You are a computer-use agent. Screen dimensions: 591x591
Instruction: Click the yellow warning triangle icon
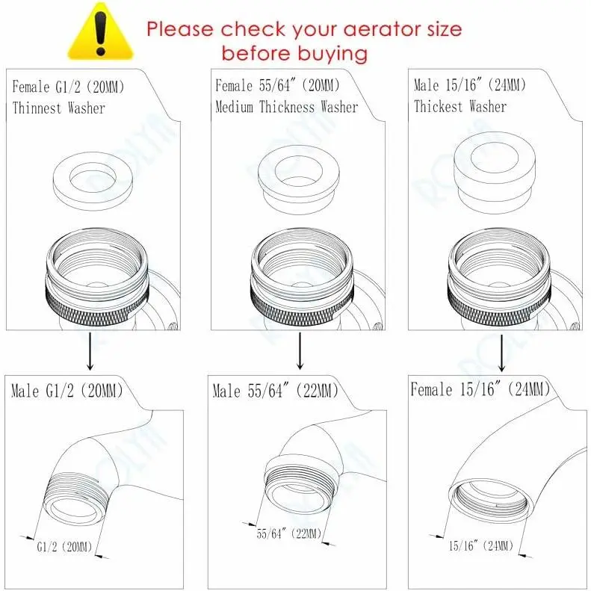100,33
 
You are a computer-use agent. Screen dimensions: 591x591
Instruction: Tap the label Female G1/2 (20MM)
68,87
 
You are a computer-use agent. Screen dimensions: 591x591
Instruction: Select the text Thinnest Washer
58,108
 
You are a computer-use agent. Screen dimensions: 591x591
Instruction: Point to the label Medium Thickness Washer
286,107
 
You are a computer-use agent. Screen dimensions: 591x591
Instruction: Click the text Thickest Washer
460,107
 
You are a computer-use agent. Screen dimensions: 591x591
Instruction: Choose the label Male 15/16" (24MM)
470,85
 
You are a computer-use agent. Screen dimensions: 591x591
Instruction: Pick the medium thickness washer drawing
298,180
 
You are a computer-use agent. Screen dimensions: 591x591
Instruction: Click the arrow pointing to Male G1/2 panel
90,351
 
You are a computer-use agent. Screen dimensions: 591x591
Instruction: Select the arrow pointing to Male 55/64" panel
300,350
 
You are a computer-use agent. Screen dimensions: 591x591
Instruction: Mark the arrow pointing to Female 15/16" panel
501,353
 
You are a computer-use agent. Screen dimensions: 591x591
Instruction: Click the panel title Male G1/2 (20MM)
67,391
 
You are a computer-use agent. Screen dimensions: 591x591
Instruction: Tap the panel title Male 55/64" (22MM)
276,391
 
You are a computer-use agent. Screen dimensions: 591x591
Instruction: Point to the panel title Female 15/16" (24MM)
480,389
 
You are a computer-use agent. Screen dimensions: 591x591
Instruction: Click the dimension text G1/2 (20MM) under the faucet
64,547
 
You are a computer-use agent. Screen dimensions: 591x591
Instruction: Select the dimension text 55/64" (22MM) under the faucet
289,533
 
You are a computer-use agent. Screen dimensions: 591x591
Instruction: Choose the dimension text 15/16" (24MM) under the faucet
481,545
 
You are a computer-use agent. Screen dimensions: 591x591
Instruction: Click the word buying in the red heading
332,54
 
